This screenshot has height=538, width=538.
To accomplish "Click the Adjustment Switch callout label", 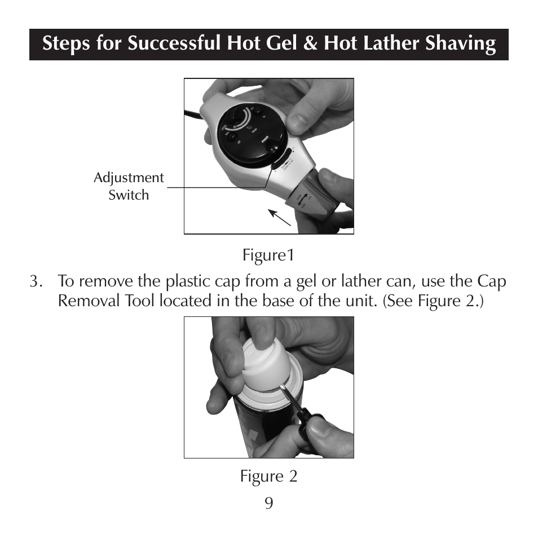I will pyautogui.click(x=129, y=186).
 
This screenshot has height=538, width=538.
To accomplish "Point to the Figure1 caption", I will pyautogui.click(x=268, y=255).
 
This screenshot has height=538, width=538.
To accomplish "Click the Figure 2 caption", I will pyautogui.click(x=268, y=477).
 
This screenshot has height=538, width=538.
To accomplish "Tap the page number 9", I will pyautogui.click(x=269, y=502).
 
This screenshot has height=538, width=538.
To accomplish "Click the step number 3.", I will pyautogui.click(x=36, y=281).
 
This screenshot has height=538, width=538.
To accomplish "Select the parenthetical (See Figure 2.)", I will pyautogui.click(x=434, y=301).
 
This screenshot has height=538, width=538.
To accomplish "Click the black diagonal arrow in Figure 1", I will pyautogui.click(x=279, y=217).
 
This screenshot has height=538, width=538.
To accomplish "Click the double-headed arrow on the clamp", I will pyautogui.click(x=303, y=201).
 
